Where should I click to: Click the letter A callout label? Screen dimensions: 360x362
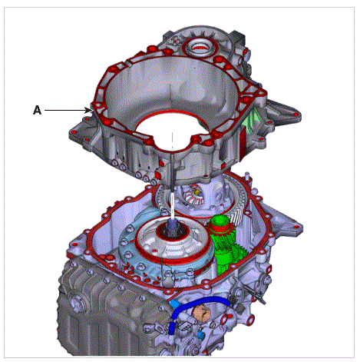(37, 110)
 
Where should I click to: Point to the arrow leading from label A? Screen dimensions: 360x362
(68, 111)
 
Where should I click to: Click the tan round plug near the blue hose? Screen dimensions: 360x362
(201, 313)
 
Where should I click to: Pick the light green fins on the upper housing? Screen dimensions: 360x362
(249, 121)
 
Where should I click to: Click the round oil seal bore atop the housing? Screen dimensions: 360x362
(200, 48)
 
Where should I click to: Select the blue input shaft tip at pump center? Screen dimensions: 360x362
(173, 224)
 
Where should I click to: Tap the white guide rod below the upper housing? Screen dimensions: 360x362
(173, 206)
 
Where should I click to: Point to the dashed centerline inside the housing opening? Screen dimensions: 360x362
(173, 141)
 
